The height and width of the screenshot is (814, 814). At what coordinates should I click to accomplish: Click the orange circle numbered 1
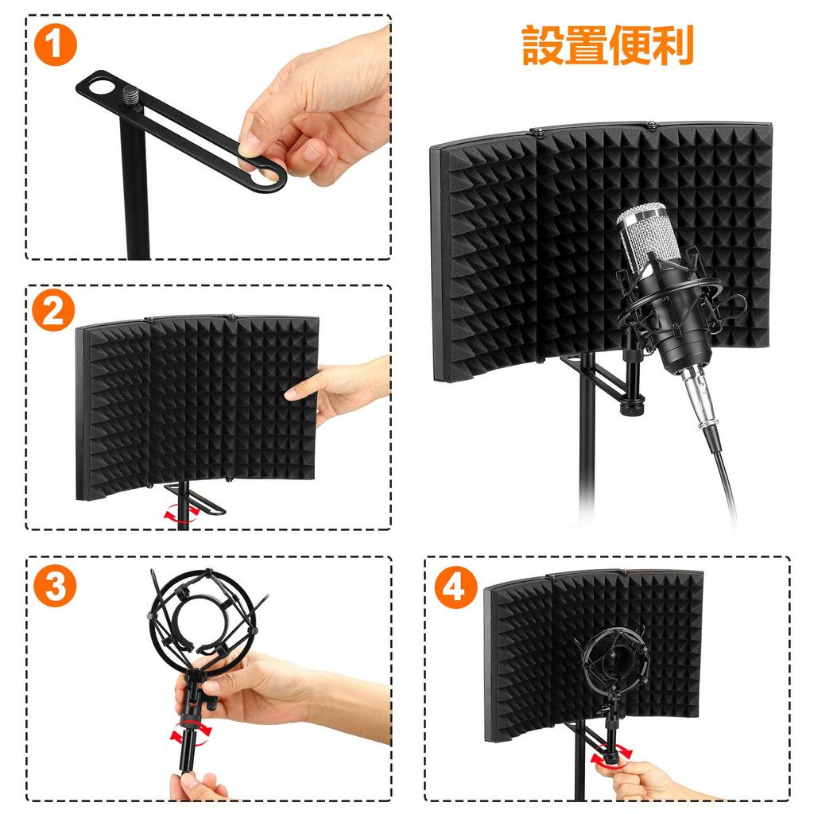[x=56, y=45]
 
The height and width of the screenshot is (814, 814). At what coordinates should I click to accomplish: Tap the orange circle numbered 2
[x=53, y=311]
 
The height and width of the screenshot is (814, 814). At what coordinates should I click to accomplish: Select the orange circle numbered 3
[x=55, y=586]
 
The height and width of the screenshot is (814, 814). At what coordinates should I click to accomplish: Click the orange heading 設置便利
[x=608, y=45]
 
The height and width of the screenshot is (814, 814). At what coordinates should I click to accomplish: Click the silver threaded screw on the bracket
[x=131, y=96]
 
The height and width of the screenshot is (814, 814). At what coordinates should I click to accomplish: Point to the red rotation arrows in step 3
[x=191, y=731]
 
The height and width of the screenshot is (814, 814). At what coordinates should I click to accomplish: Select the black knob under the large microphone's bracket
[x=632, y=405]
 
